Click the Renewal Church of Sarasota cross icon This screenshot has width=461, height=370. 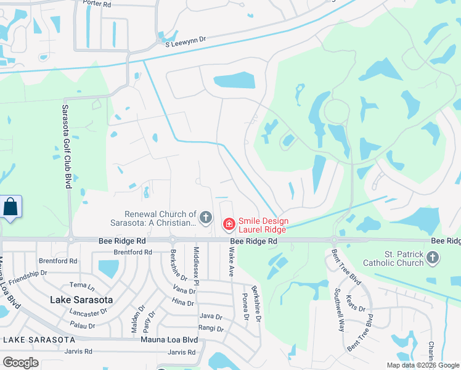(206, 217)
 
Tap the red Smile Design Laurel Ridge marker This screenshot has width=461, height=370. (229, 223)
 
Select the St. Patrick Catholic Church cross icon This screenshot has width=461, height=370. (433, 257)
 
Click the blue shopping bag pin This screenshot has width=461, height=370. (11, 207)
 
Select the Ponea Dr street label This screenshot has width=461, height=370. (245, 306)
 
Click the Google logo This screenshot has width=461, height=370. (20, 363)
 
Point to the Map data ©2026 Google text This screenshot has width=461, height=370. (423, 365)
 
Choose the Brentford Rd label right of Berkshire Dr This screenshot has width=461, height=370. (133, 252)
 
